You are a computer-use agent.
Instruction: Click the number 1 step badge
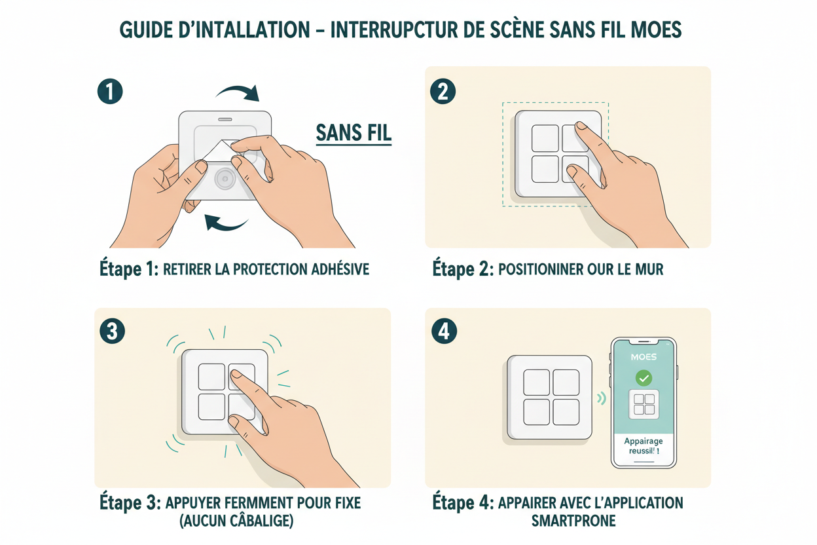click(110, 92)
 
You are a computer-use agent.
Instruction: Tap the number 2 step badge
click(443, 92)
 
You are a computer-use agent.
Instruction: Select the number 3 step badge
click(112, 331)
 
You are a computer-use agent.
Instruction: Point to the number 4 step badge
click(445, 331)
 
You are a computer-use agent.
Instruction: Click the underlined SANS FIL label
click(354, 133)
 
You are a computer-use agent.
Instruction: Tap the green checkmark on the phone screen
click(644, 378)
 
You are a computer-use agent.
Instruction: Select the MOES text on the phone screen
click(643, 357)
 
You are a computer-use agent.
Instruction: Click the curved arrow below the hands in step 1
click(226, 223)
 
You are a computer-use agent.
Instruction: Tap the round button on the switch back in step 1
click(225, 178)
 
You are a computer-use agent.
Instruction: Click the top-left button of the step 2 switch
click(545, 138)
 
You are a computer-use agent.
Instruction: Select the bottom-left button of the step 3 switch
click(211, 406)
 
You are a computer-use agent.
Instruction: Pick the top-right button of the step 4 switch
click(566, 383)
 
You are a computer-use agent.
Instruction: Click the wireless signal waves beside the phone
click(601, 398)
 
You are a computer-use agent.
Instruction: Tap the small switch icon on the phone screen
click(644, 404)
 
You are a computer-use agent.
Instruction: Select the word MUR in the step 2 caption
click(648, 269)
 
